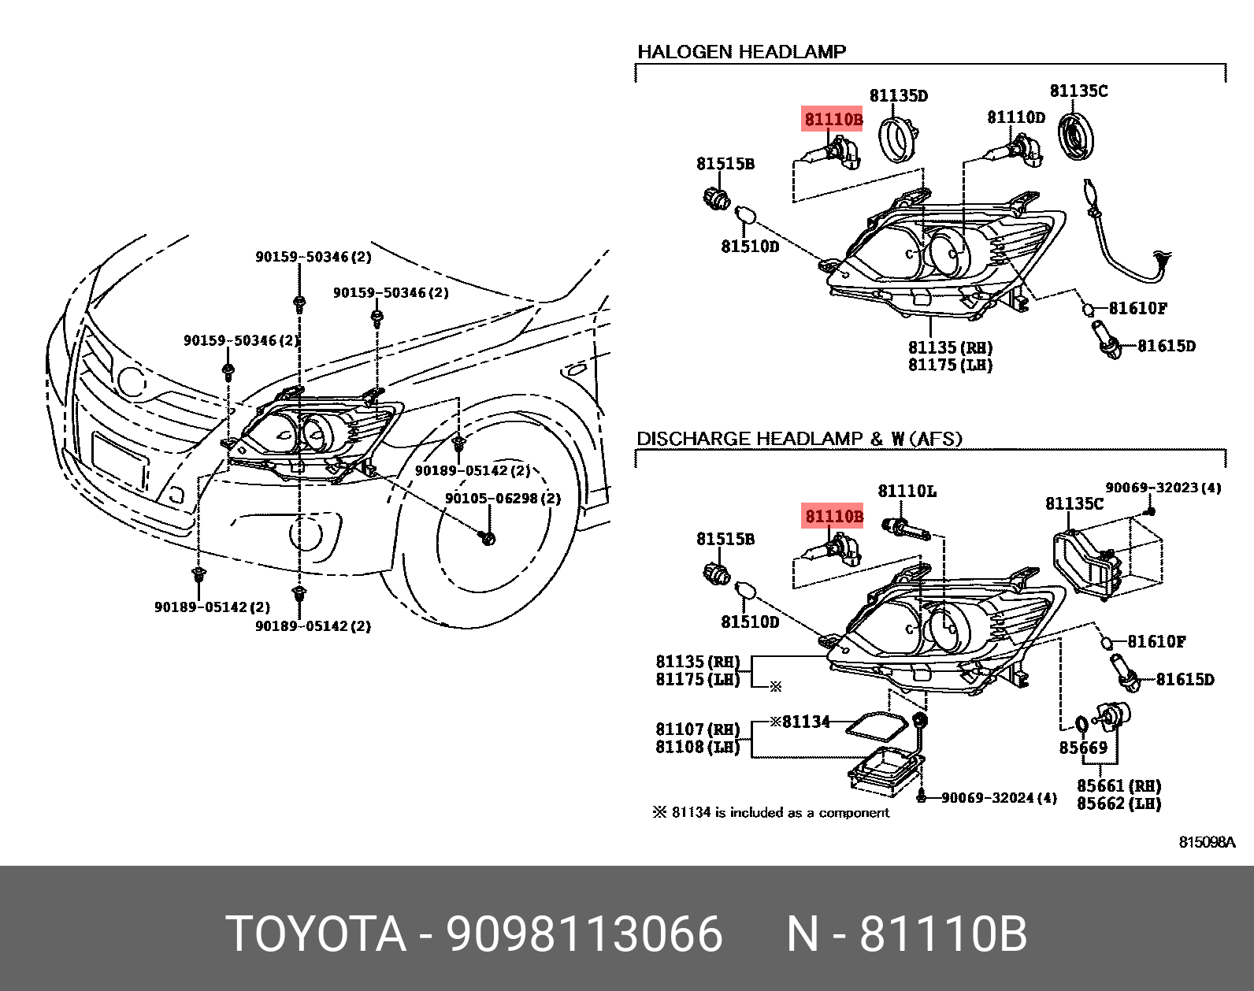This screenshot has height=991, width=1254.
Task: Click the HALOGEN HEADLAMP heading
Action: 741,52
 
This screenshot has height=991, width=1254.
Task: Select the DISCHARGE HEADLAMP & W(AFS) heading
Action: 799,439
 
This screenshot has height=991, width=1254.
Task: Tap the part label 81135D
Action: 898,96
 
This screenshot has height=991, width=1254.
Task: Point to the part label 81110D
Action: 1015,117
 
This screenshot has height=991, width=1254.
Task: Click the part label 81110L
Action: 907,492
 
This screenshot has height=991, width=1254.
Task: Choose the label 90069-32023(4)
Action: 1163,488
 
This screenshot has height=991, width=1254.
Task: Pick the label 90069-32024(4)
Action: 998,798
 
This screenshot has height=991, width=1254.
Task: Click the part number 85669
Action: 1082,748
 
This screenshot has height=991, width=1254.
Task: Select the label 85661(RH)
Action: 1119,785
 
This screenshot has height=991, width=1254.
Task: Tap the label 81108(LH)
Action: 697,747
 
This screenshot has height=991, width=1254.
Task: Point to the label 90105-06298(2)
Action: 503,499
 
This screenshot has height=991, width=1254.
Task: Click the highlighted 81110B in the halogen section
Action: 833,120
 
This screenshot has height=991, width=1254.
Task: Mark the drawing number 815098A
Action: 1206,842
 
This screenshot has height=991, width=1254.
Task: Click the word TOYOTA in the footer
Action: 316,934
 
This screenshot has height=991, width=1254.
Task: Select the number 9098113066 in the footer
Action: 584,934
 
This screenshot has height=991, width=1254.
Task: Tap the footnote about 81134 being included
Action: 770,812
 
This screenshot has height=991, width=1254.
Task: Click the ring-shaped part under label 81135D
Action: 896,140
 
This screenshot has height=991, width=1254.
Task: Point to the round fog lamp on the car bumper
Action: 306,533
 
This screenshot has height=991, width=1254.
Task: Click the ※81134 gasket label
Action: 800,722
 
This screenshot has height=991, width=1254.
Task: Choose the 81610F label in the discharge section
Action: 1156,642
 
